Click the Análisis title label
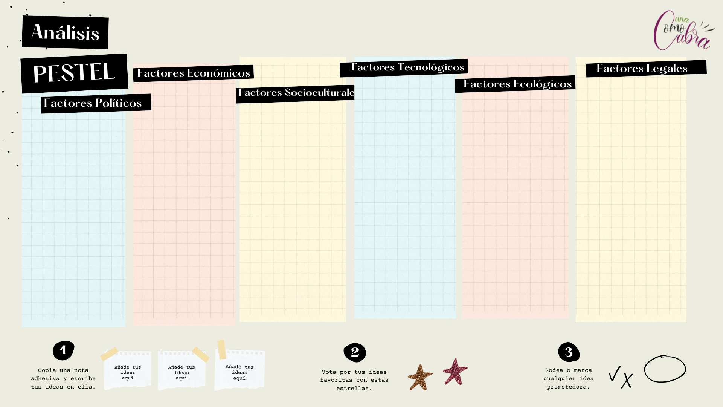(65, 32)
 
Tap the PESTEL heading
(74, 73)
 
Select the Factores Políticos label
(96, 103)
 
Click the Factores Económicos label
(193, 73)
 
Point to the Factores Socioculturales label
(295, 93)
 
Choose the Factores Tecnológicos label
(404, 68)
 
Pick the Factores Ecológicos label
(515, 84)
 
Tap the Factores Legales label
(646, 69)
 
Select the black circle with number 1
(64, 350)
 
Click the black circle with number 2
(355, 352)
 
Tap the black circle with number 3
(569, 352)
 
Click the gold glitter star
(420, 377)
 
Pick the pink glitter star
(455, 372)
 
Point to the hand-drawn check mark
(615, 374)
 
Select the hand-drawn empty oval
(665, 369)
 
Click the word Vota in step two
(329, 372)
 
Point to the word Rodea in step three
(554, 370)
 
